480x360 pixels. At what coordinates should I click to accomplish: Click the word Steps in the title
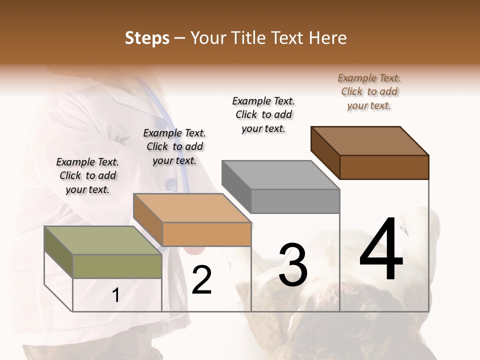point(147,38)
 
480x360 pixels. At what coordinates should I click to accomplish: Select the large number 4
point(381,250)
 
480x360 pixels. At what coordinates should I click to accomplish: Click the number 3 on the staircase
point(293,265)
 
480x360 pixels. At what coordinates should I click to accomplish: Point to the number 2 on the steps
point(202,280)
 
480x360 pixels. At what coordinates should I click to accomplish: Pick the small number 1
point(116,295)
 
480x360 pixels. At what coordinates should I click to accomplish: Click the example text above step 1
point(87,175)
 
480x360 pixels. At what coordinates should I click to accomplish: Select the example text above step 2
point(174,146)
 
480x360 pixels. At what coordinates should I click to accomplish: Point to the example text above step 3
point(263,114)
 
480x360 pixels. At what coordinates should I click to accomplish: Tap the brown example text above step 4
point(369,91)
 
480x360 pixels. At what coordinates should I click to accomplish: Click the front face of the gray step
point(295,201)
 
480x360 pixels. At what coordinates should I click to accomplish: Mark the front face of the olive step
point(117,266)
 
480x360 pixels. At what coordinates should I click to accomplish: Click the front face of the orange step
point(206,234)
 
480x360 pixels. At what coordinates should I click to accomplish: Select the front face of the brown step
point(384,167)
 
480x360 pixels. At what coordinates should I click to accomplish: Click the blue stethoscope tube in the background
point(183,165)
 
